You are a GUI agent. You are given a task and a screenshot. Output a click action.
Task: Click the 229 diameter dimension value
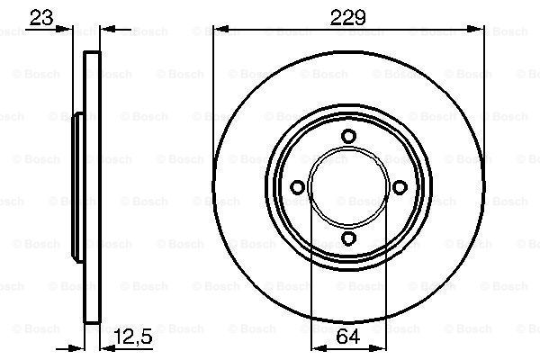pos(347,18)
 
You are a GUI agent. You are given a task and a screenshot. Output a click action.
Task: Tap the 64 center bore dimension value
pos(348,336)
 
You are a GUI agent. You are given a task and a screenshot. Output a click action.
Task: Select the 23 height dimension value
pos(41,18)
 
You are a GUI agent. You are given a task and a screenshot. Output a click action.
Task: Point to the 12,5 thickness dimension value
pos(133,337)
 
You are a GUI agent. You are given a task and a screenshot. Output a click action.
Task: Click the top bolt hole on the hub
pos(348,136)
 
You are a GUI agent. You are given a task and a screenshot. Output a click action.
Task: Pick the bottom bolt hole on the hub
pos(348,238)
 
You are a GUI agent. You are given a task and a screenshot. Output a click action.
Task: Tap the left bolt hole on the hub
pos(297,187)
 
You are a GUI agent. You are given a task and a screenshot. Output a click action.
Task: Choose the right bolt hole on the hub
pos(400,187)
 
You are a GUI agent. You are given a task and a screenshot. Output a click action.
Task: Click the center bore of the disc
pos(348,187)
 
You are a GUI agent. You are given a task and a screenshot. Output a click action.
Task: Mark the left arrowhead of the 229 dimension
pos(221,30)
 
